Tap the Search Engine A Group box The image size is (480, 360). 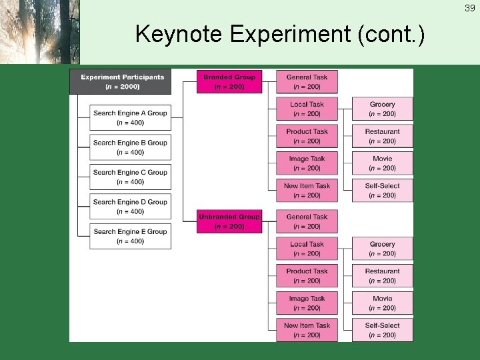coord(130,118)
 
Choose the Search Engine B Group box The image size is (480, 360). coord(130,147)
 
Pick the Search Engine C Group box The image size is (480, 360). coord(130,177)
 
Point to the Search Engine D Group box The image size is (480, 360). coord(130,207)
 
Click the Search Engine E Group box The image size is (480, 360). coord(130,236)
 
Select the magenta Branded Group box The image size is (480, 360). coord(229,82)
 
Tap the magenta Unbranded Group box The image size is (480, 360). coord(229,221)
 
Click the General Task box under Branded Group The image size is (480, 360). coord(307,82)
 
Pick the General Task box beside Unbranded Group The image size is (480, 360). coord(307,221)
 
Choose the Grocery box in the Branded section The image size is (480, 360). coord(382,109)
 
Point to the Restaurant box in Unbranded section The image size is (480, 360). coord(382,276)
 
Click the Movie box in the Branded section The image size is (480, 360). coord(382,163)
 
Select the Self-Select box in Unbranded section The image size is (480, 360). coord(382,330)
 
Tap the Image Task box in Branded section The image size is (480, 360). coord(307,163)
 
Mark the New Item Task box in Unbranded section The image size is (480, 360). coord(307,330)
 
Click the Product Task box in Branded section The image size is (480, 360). coord(307,136)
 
